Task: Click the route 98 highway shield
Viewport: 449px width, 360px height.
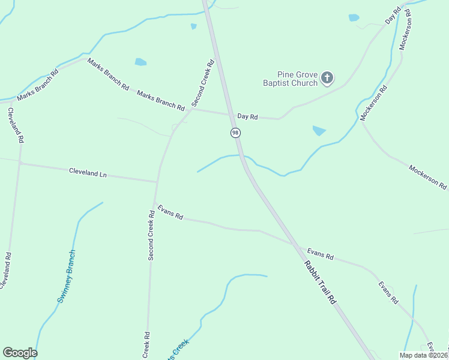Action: (235, 133)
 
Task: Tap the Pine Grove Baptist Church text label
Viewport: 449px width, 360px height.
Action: (290, 79)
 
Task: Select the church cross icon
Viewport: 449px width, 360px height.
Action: (327, 77)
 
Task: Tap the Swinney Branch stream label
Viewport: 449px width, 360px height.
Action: (67, 277)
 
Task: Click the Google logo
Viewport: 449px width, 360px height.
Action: (20, 353)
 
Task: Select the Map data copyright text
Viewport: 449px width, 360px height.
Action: (423, 355)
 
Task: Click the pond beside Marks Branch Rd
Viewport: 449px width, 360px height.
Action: (140, 62)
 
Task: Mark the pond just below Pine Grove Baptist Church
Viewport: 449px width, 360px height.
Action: (319, 130)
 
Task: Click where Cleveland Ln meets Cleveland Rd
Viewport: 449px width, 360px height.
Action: (20, 163)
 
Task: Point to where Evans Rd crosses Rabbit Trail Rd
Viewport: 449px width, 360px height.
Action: (294, 245)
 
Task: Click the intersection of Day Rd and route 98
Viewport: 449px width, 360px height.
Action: (231, 113)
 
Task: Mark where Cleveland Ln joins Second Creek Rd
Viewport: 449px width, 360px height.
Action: (157, 181)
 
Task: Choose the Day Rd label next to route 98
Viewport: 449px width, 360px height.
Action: (247, 117)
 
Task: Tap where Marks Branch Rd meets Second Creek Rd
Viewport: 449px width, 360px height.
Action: (191, 109)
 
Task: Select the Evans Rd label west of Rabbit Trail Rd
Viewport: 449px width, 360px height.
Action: (170, 213)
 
